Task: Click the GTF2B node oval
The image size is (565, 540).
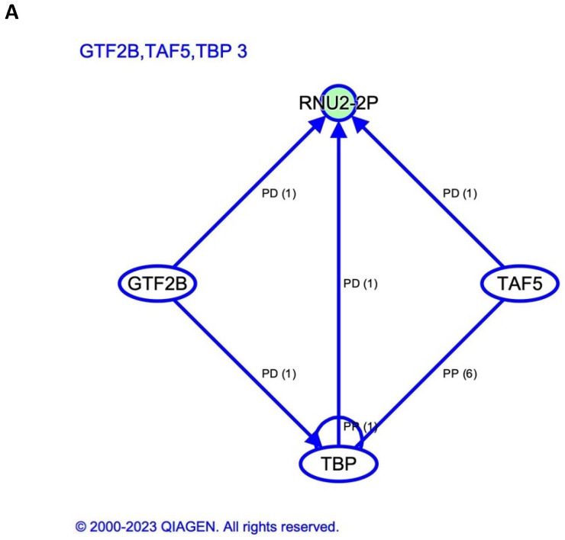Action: pyautogui.click(x=157, y=284)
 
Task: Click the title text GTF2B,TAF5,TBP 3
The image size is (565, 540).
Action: pyautogui.click(x=163, y=53)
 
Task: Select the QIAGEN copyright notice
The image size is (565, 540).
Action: pyautogui.click(x=206, y=526)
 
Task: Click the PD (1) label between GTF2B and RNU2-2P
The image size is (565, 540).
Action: pyautogui.click(x=278, y=194)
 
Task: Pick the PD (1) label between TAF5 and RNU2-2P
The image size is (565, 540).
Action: pyautogui.click(x=460, y=194)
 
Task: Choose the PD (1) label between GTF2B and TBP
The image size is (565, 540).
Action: pyautogui.click(x=278, y=374)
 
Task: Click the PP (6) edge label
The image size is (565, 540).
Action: pyautogui.click(x=460, y=374)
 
